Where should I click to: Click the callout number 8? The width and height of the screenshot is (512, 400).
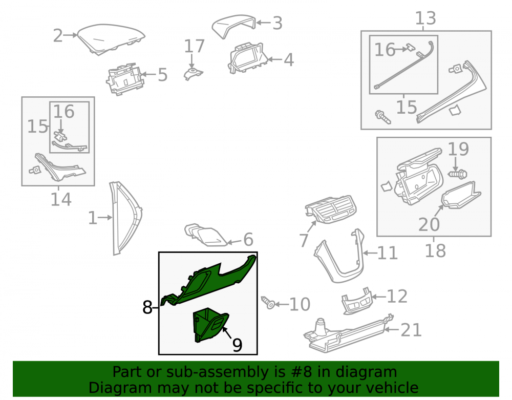coord(147,307)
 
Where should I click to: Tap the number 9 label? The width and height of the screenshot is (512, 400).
coord(238,345)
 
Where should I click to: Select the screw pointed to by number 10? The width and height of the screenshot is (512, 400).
coord(268,303)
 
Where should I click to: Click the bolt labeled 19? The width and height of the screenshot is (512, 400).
coord(457,174)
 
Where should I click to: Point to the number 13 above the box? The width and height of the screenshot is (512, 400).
coord(425,18)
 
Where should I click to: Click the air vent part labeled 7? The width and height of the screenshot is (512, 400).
coord(330,209)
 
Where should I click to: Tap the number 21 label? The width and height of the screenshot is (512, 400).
coord(411,330)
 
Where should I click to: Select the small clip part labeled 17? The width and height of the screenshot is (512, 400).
coord(193,74)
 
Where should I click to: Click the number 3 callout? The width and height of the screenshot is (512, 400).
coord(278,24)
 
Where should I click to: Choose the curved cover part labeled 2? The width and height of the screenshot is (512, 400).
coord(111,38)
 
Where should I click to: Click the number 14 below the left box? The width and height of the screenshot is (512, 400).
coord(61,199)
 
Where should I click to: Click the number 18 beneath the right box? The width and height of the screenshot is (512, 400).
coord(435,251)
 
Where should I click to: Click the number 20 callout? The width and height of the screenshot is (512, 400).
coord(429,225)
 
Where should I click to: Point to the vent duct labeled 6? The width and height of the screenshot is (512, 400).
coord(206,235)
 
